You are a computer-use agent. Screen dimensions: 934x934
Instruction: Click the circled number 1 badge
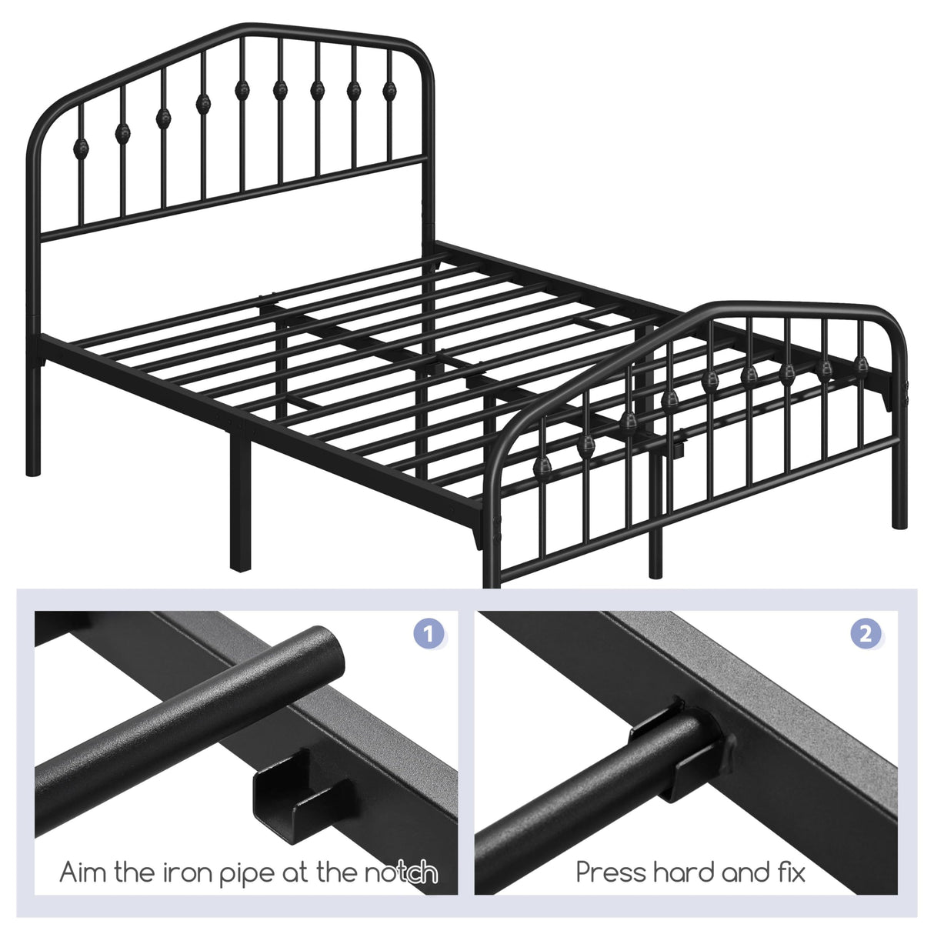pyautogui.click(x=429, y=635)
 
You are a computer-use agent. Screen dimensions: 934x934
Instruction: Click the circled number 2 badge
pyautogui.click(x=866, y=635)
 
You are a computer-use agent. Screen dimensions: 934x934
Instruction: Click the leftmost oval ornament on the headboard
pyautogui.click(x=82, y=146)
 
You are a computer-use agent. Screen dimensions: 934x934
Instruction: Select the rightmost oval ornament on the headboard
pyautogui.click(x=391, y=91)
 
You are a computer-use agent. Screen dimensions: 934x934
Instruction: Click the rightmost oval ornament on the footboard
pyautogui.click(x=862, y=363)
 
